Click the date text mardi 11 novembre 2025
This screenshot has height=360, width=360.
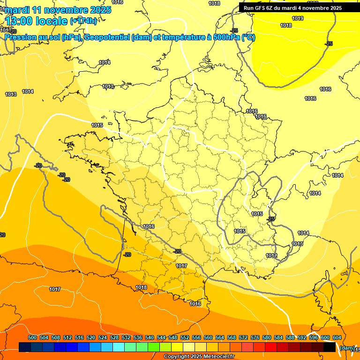point(58,10)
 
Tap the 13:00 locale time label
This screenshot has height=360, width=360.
point(36,21)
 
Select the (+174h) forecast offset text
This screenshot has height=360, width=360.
point(83,21)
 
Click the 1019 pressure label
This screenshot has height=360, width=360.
point(298,18)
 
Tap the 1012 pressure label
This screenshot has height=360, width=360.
point(271,255)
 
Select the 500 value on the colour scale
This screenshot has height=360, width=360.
point(32,337)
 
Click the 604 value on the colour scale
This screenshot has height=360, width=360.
point(337,337)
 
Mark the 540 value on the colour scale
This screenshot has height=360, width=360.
point(150,337)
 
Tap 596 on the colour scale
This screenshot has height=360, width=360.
point(314,337)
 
